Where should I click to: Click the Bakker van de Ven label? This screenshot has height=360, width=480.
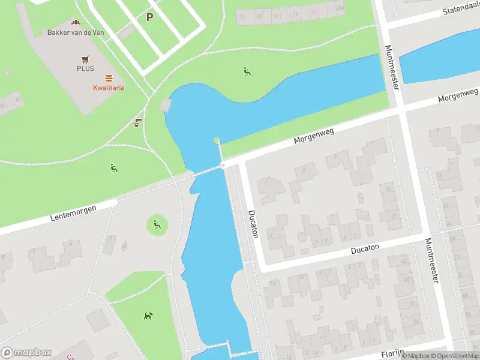tap(76, 32)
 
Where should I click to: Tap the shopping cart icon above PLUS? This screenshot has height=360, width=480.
tap(85, 59)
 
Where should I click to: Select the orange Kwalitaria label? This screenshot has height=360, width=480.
tap(109, 88)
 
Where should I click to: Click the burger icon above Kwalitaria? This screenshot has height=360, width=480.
tap(109, 78)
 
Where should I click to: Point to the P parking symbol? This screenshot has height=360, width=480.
tap(149, 17)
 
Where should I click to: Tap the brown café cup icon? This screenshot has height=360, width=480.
tap(137, 123)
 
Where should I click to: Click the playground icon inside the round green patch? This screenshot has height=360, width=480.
tap(157, 225)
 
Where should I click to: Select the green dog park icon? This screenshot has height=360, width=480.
tap(148, 316)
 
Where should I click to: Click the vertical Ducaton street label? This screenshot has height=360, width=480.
tap(253, 223)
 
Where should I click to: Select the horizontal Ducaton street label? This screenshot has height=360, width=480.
tap(365, 248)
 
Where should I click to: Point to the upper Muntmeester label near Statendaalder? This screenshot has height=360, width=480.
tap(391, 68)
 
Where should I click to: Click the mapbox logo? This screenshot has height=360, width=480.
tap(26, 352)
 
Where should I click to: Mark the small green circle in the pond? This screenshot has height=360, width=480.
tap(217, 141)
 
